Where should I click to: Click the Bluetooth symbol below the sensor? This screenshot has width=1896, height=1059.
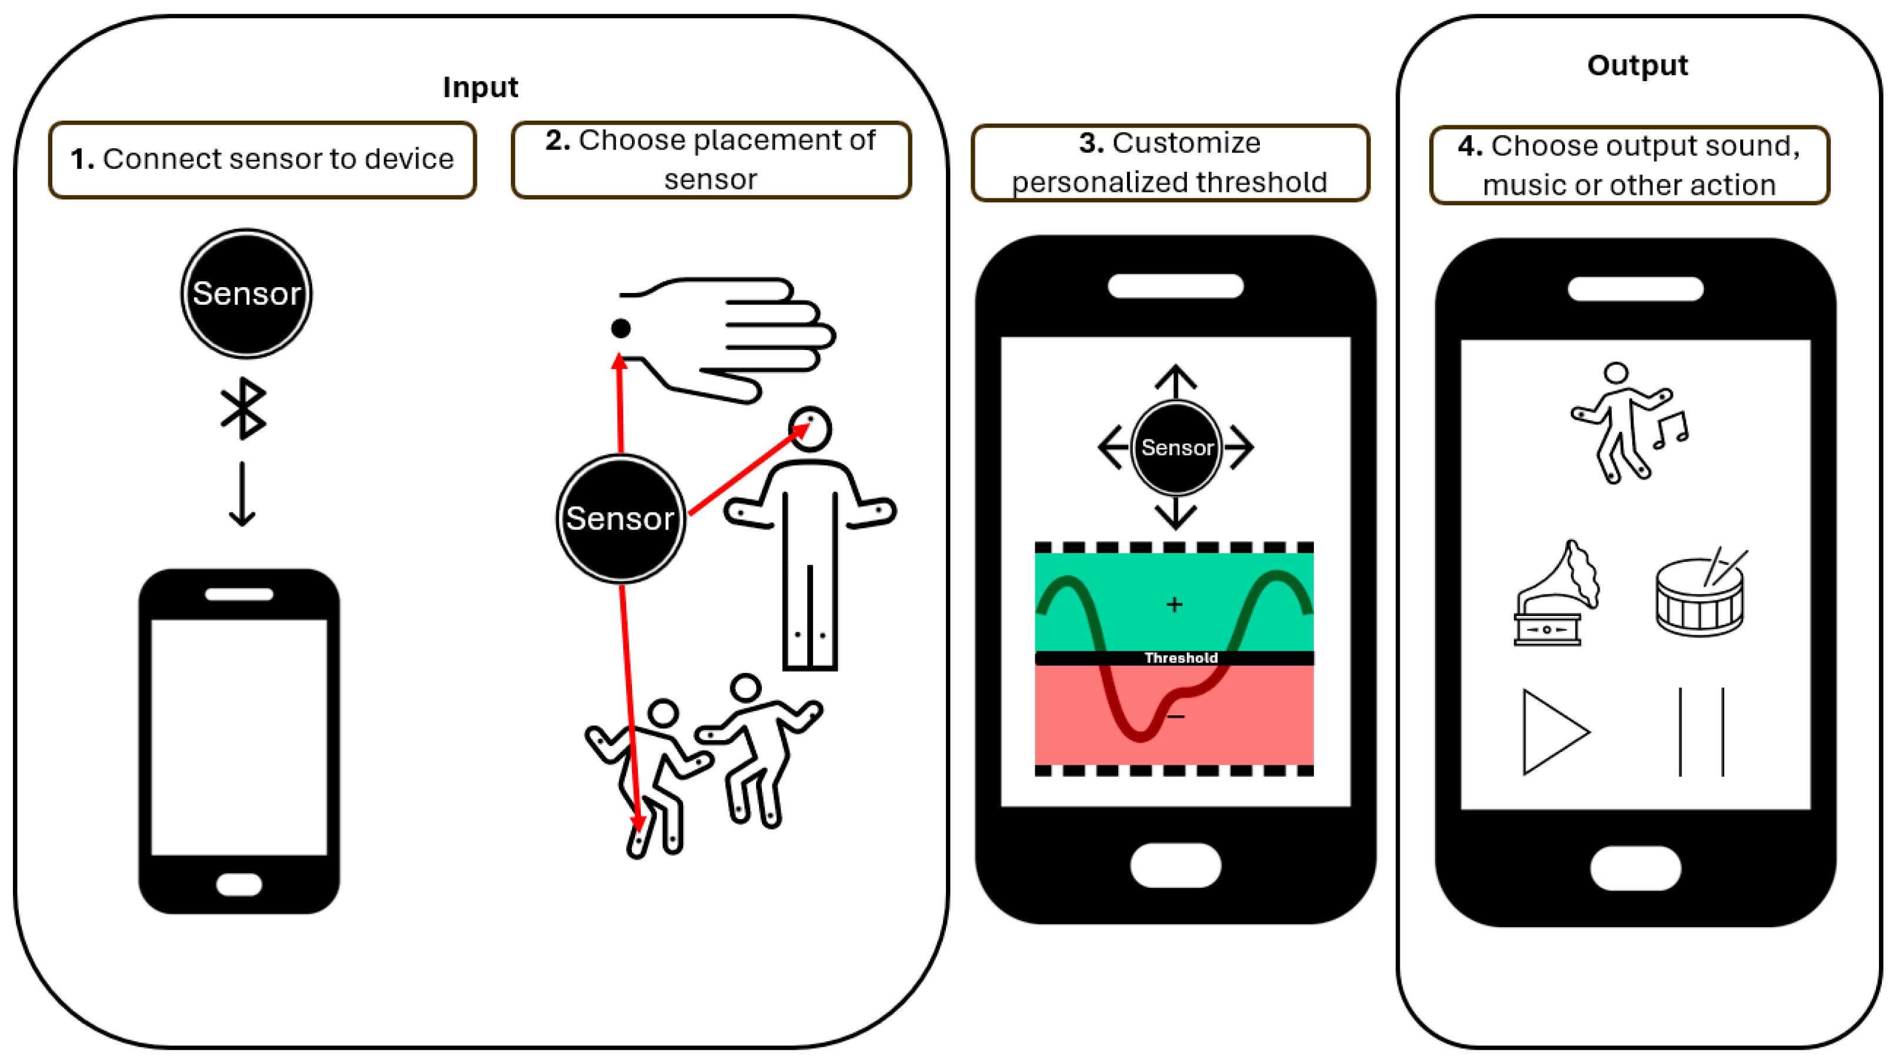coord(243,409)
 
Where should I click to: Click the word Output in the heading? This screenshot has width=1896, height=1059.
coord(1637,65)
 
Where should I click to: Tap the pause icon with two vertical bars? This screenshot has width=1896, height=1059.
coord(1701,732)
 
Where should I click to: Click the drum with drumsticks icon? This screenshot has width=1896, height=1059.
coord(1701,591)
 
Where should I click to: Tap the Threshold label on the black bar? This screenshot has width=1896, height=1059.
coord(1181,658)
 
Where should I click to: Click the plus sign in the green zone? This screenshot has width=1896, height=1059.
coord(1175,605)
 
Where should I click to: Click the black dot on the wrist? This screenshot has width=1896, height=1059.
coord(620,328)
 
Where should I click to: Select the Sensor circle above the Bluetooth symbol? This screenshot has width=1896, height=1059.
coord(246,294)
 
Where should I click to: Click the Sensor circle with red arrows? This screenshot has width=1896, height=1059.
coord(620,518)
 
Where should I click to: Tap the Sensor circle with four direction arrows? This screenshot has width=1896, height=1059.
coord(1176,447)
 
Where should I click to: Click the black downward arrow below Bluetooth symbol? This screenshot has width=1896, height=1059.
coord(242,494)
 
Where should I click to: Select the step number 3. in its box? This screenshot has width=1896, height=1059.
coord(1091,143)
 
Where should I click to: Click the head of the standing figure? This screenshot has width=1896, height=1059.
coord(810,429)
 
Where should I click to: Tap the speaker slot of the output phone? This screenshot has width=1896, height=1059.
coord(1636,289)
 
